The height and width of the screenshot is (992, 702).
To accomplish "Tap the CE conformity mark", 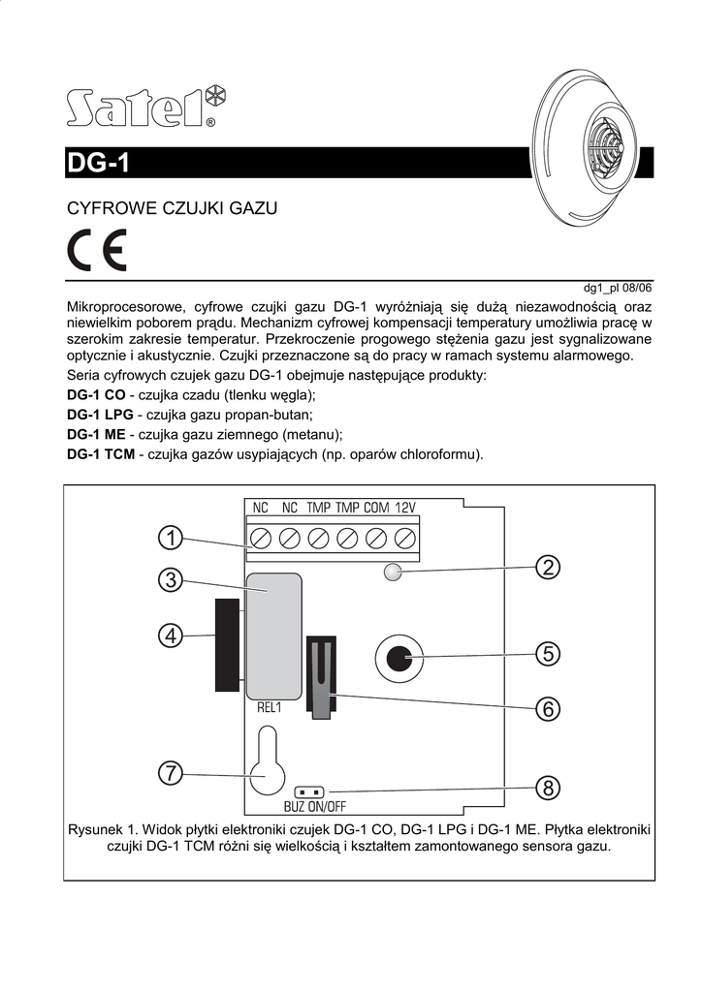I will (x=96, y=254).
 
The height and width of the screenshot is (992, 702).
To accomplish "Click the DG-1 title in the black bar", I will (x=98, y=164).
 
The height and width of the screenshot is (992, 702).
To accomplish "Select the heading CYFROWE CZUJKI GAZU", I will (x=172, y=208).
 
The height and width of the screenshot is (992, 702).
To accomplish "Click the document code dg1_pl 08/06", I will (x=618, y=288).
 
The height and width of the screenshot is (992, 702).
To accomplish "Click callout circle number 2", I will (x=549, y=568).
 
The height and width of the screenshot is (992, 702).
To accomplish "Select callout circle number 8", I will (x=549, y=789).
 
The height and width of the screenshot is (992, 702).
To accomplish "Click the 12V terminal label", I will (x=405, y=508).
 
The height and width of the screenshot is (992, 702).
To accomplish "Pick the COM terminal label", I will (x=376, y=508).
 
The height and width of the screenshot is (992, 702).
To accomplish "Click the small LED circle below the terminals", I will (x=392, y=572).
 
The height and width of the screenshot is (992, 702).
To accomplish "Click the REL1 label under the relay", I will (x=269, y=708).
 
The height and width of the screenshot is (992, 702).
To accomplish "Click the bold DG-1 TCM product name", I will (x=100, y=453).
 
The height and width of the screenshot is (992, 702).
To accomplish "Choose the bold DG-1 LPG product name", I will (x=98, y=415).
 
